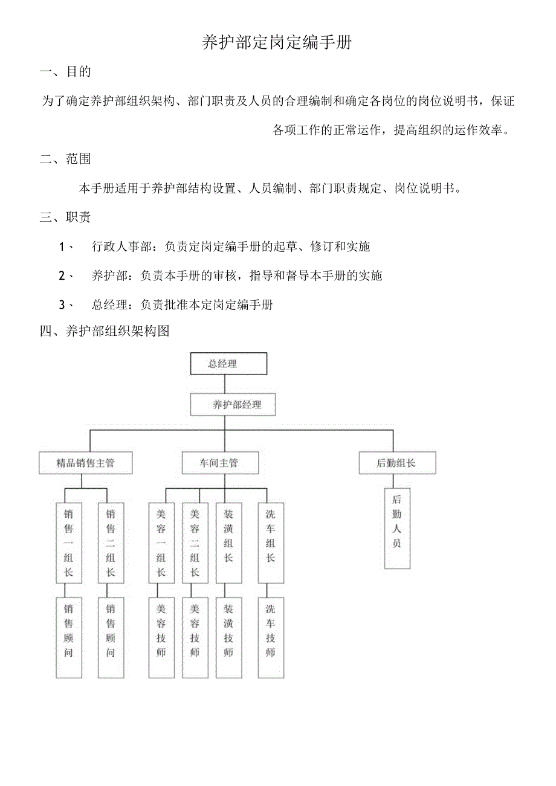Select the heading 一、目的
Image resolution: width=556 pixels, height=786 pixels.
point(66,72)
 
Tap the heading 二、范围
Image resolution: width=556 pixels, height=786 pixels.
point(66,159)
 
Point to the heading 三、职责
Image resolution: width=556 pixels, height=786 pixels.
point(66,217)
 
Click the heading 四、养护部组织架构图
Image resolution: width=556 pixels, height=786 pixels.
point(105,331)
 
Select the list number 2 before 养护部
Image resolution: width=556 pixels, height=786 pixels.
point(62,275)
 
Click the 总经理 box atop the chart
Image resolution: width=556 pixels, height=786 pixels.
point(228,364)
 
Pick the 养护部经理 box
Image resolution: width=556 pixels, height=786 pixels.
point(233,405)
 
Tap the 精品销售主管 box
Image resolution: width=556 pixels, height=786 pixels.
point(85,463)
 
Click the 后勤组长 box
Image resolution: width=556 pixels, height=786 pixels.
point(396,463)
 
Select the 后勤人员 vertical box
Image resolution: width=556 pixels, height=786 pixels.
point(397,529)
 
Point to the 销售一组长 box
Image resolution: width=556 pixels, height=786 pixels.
point(68,543)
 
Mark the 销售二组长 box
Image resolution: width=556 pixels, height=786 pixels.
point(111,543)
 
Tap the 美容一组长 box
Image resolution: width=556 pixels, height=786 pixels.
point(161,543)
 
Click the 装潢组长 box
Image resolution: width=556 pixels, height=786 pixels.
point(228,543)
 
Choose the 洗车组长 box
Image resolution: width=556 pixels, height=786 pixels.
point(270,543)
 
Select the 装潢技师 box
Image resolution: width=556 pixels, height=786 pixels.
point(228,637)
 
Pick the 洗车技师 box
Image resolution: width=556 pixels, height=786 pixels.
point(270,637)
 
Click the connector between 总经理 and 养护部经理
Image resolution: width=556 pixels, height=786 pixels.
point(224,385)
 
